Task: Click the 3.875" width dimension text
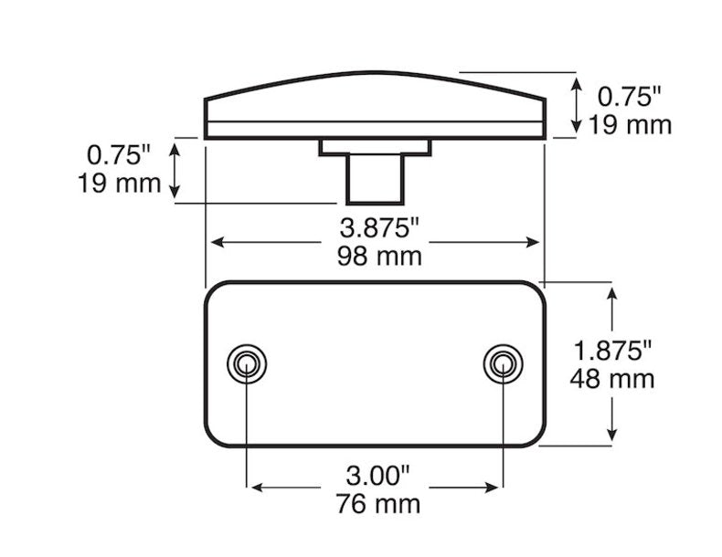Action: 374,227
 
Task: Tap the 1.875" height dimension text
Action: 613,349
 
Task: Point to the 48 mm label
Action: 613,377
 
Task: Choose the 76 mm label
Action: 377,502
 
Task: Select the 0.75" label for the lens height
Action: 628,95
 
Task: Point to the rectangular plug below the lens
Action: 374,178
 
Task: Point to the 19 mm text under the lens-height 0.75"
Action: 630,124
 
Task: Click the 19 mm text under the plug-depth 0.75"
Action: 120,183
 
